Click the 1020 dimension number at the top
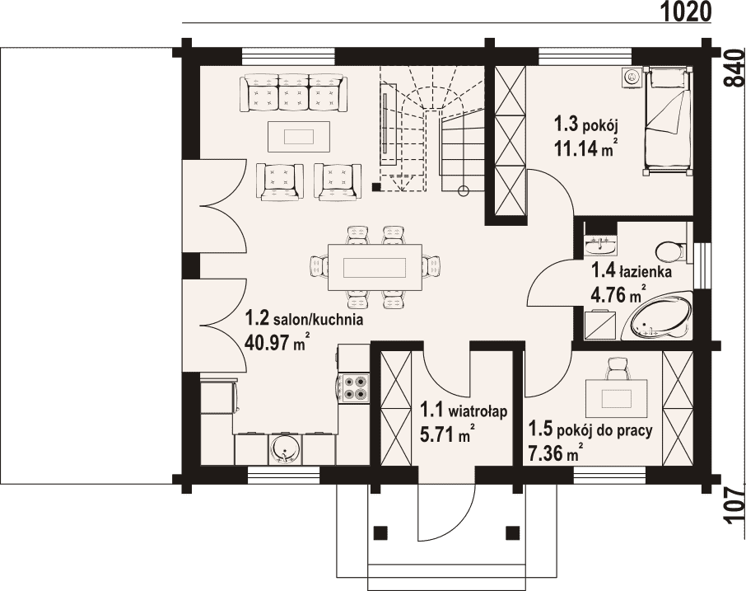click(x=686, y=12)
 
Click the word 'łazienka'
click(x=646, y=272)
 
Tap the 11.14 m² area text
click(x=585, y=148)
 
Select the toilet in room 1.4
click(x=671, y=251)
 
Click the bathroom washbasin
click(x=601, y=246)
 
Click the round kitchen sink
click(x=285, y=449)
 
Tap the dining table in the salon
click(x=375, y=267)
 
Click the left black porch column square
click(x=380, y=532)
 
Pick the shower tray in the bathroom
click(x=600, y=325)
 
